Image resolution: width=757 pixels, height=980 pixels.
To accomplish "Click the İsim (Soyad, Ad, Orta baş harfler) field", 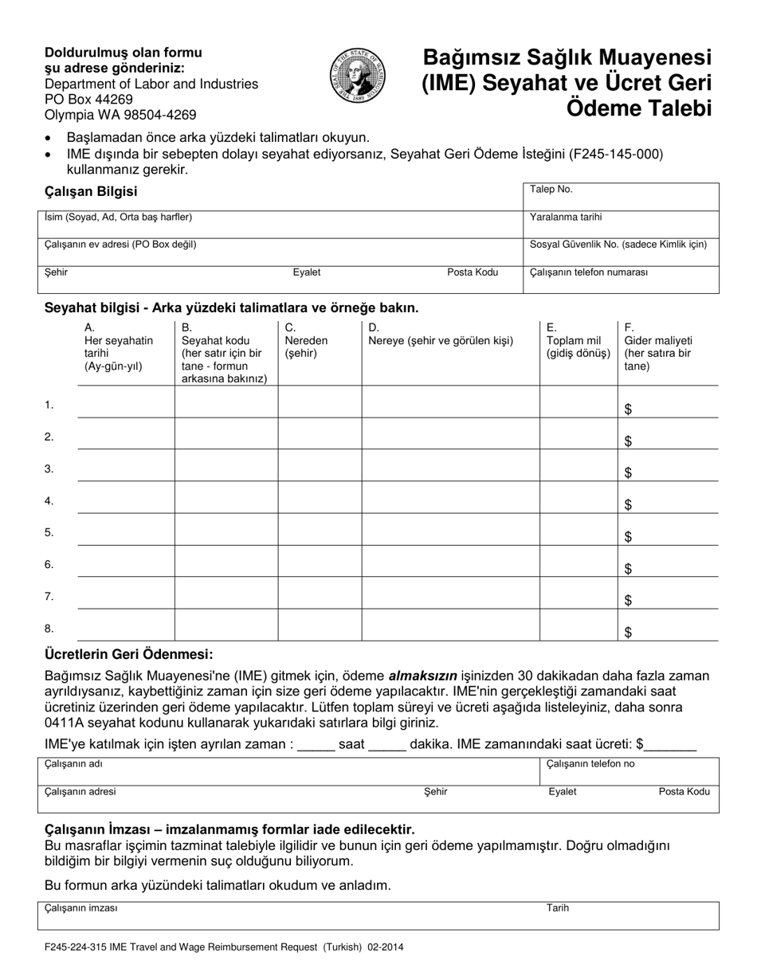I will [279, 224].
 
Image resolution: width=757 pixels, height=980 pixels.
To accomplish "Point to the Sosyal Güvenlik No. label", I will [618, 245].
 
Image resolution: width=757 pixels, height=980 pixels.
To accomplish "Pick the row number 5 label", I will [49, 532].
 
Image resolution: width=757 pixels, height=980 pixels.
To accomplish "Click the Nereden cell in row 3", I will [320, 465].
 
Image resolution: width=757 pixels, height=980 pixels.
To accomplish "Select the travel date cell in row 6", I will [126, 561].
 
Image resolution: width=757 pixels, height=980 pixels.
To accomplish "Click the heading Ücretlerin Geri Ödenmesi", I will [128, 655].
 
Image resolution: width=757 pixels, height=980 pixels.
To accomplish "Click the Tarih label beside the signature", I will [558, 907].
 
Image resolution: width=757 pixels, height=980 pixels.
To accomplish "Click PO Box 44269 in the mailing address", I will [88, 100].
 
